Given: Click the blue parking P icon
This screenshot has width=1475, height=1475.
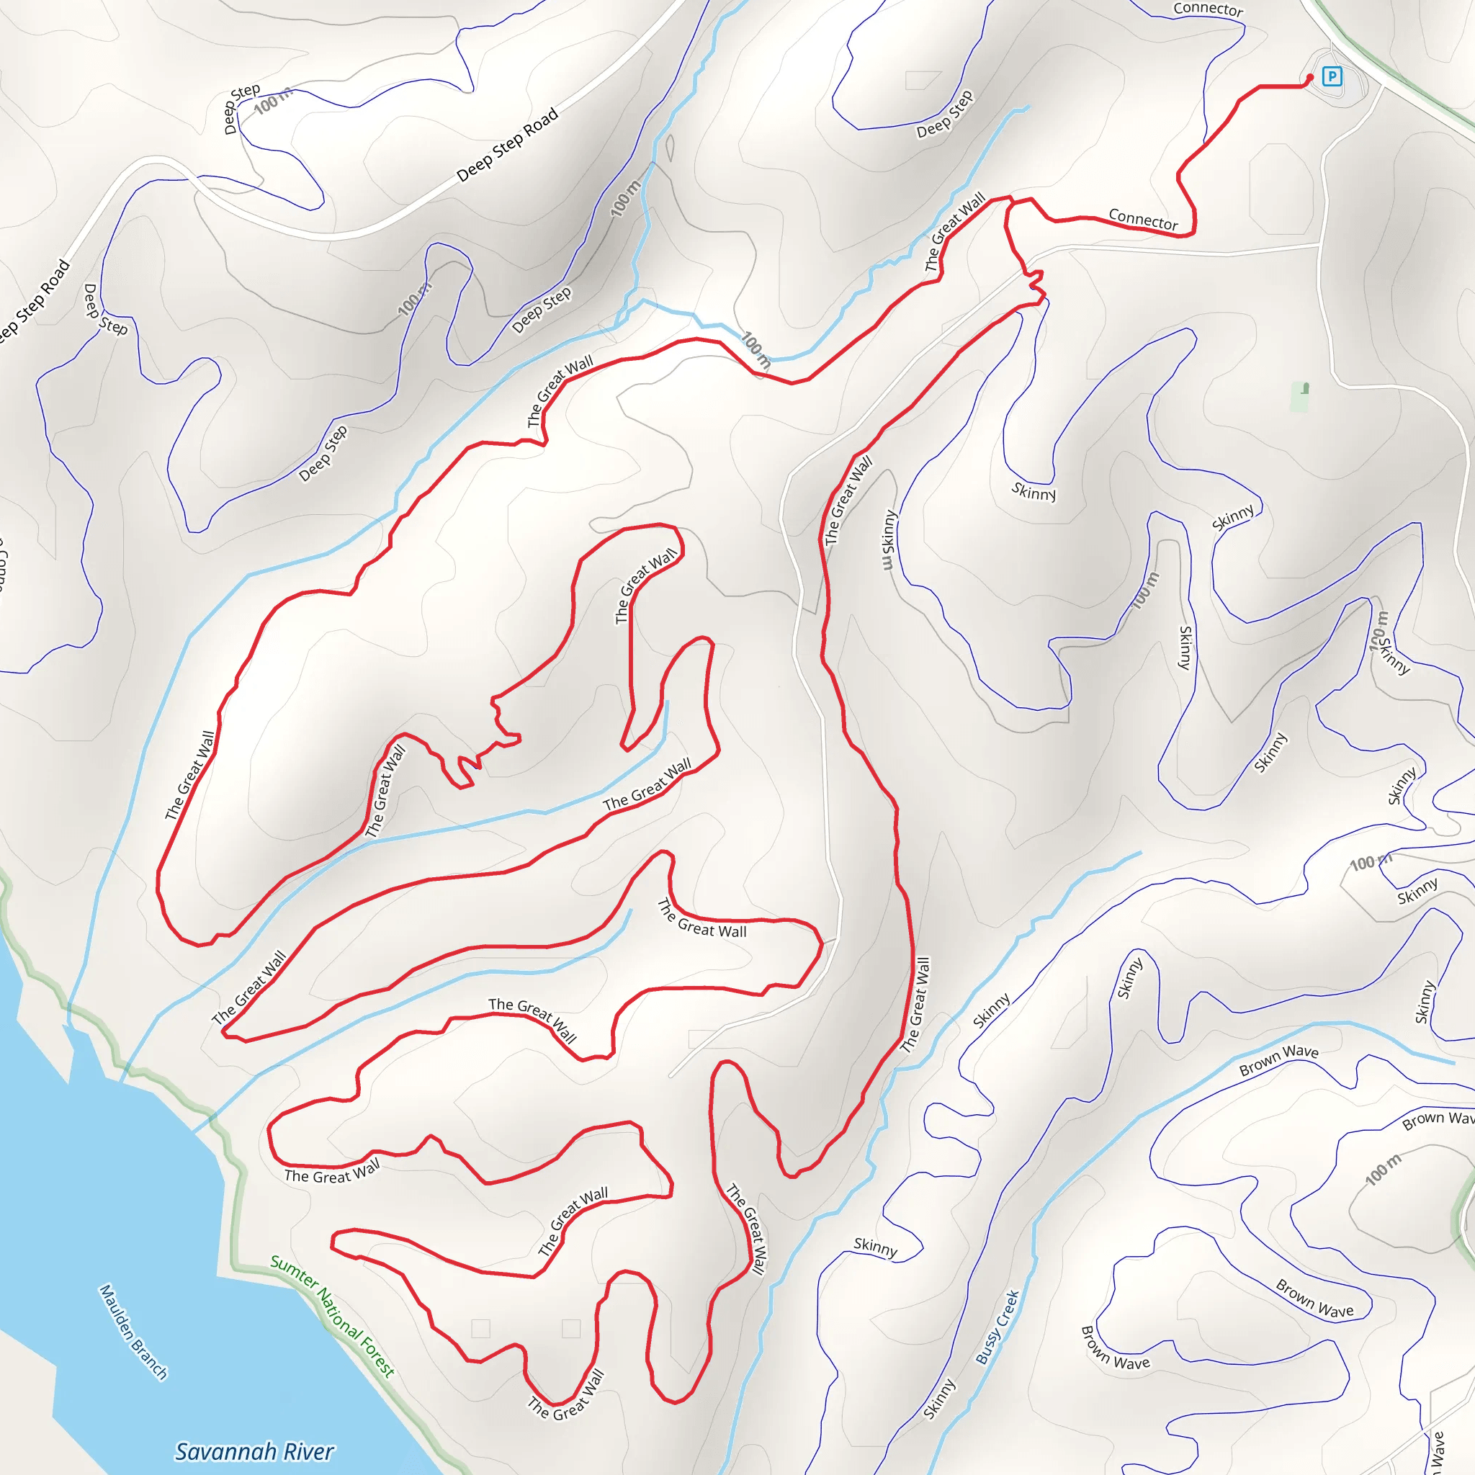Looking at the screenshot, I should [1332, 76].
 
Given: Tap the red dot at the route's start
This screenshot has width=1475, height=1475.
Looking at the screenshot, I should [1310, 77].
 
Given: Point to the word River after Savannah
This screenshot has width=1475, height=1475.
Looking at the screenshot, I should [307, 1451].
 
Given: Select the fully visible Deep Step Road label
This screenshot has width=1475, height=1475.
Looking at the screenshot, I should [507, 145].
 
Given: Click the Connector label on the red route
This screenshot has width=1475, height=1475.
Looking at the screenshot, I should [1143, 220].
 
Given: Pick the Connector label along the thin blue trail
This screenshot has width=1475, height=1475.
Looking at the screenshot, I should [1209, 9].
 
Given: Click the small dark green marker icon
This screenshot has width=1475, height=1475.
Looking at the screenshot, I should [1306, 389].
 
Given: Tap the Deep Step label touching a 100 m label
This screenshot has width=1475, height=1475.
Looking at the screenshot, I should [241, 109].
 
